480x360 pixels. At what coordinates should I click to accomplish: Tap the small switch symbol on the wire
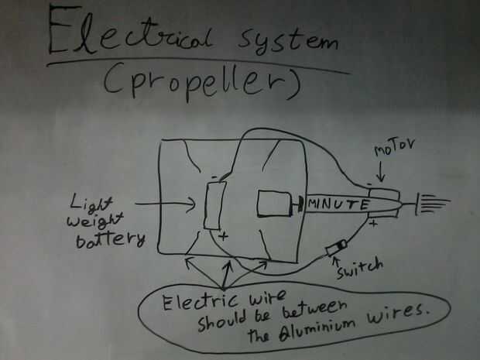pyautogui.click(x=335, y=249)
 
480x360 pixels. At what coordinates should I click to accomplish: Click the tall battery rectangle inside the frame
pyautogui.click(x=214, y=205)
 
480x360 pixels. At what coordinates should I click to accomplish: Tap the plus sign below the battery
pyautogui.click(x=224, y=237)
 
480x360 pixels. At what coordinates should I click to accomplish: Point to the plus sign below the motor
pyautogui.click(x=374, y=225)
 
